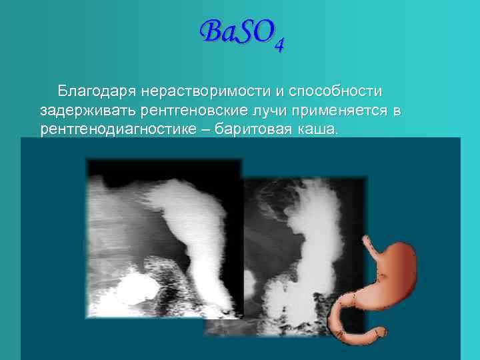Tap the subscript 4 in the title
pos(280,45)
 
